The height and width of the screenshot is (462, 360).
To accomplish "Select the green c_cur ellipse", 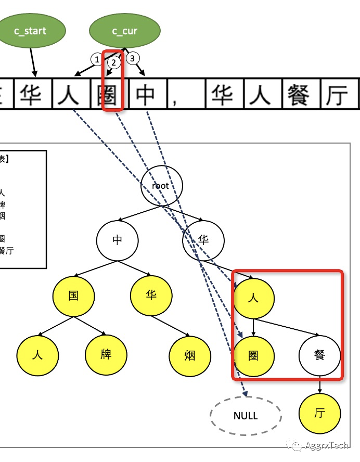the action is click(x=124, y=31).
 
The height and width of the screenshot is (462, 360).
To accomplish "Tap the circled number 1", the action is click(x=96, y=60).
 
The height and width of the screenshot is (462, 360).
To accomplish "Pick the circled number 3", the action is click(x=132, y=58).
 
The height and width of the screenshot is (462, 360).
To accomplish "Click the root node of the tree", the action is click(x=161, y=185).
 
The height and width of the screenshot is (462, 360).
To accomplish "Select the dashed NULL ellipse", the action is click(x=246, y=416).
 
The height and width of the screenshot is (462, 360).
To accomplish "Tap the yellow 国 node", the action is click(x=74, y=296).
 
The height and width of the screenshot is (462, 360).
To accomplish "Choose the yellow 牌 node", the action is click(x=106, y=355).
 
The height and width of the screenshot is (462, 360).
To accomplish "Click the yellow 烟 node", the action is click(x=190, y=356).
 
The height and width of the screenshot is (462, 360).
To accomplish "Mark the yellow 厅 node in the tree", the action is click(x=319, y=414).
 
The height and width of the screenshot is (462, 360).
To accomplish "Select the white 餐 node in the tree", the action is click(x=319, y=355).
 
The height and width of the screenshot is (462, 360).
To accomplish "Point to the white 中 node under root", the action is click(x=118, y=239).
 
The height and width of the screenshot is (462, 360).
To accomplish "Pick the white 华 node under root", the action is click(x=203, y=239).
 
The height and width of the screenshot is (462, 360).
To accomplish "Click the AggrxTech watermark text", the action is click(x=327, y=446).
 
